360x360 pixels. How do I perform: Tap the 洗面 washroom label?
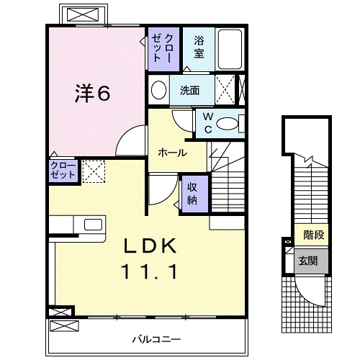tap(190, 91)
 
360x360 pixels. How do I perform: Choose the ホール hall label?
tap(173, 153)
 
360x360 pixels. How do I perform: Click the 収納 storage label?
tap(193, 192)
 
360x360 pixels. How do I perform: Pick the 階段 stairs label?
tap(312, 234)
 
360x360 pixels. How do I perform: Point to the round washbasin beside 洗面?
tap(159, 90)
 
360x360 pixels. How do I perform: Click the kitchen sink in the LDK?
tap(93, 224)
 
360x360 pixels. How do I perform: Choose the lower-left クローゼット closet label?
tap(62, 171)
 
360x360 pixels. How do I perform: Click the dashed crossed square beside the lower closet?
tap(93, 171)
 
